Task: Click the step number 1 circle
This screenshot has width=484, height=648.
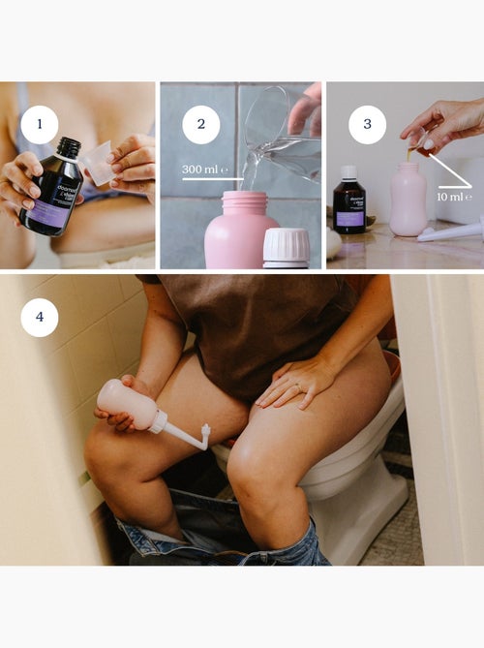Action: [40, 124]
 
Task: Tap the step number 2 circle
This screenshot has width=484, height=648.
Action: [201, 124]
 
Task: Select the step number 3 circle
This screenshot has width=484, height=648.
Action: [367, 124]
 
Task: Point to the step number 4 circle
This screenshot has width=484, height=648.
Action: [40, 317]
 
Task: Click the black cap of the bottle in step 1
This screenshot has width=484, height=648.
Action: [68, 147]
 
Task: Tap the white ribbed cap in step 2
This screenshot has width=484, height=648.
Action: [287, 246]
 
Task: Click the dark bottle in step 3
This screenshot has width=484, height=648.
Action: [348, 205]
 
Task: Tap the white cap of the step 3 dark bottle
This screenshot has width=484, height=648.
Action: [349, 171]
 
